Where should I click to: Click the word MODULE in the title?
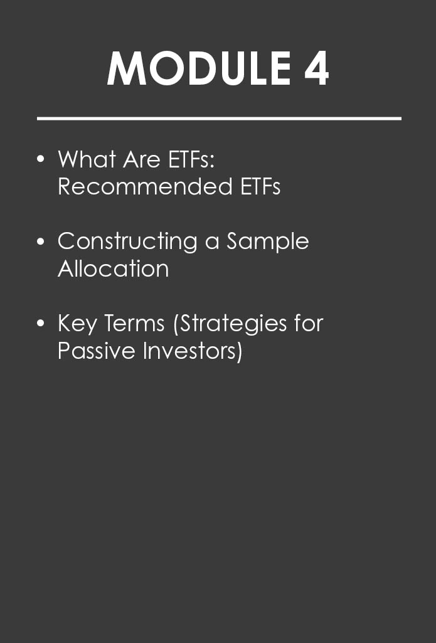[x=199, y=68]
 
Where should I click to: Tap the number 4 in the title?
[x=317, y=68]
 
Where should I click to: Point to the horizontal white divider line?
[x=219, y=119]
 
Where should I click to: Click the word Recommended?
[x=145, y=186]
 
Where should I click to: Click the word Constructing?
[x=127, y=242]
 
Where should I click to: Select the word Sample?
[x=268, y=242]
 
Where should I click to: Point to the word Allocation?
[x=113, y=268]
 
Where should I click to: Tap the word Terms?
[x=134, y=323]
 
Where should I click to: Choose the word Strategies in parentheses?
[x=230, y=324]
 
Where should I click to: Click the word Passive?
[x=97, y=351]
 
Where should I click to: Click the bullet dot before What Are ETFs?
[x=40, y=159]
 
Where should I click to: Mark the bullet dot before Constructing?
[x=40, y=241]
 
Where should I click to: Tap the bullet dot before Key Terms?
[x=40, y=323]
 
